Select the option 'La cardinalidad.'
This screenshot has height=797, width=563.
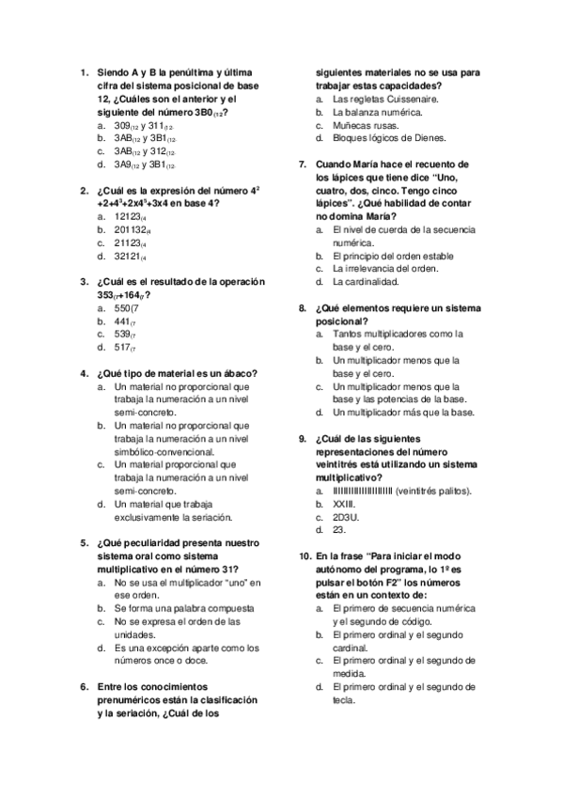pos(366,282)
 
